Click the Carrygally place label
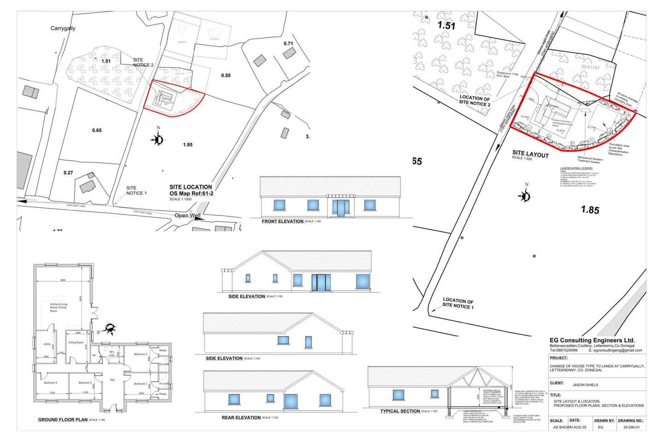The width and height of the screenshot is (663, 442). point(63,29)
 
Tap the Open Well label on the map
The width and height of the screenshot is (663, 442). point(187,215)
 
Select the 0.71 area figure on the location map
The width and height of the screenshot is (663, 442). point(288,44)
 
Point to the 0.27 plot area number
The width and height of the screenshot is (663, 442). point(68,173)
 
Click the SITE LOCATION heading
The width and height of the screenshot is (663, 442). point(191,187)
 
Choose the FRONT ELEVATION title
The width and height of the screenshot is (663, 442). point(282,221)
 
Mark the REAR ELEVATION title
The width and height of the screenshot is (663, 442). point(241,418)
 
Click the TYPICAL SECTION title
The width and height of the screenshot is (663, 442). point(400,411)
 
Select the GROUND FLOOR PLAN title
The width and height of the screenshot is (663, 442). point(63,419)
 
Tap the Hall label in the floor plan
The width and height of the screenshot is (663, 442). point(112,380)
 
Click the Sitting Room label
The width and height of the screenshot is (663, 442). point(76,343)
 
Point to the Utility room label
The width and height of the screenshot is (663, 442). point(47,344)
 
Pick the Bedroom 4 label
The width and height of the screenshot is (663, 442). point(51,383)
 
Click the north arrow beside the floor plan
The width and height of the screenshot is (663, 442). point(110,329)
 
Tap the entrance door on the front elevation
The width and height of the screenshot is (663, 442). point(340,208)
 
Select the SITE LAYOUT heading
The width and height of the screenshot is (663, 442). point(530,154)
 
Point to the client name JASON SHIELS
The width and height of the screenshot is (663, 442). point(585,385)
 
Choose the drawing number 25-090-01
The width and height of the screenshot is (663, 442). point(631,427)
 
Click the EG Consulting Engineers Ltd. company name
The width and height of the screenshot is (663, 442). point(592,340)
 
